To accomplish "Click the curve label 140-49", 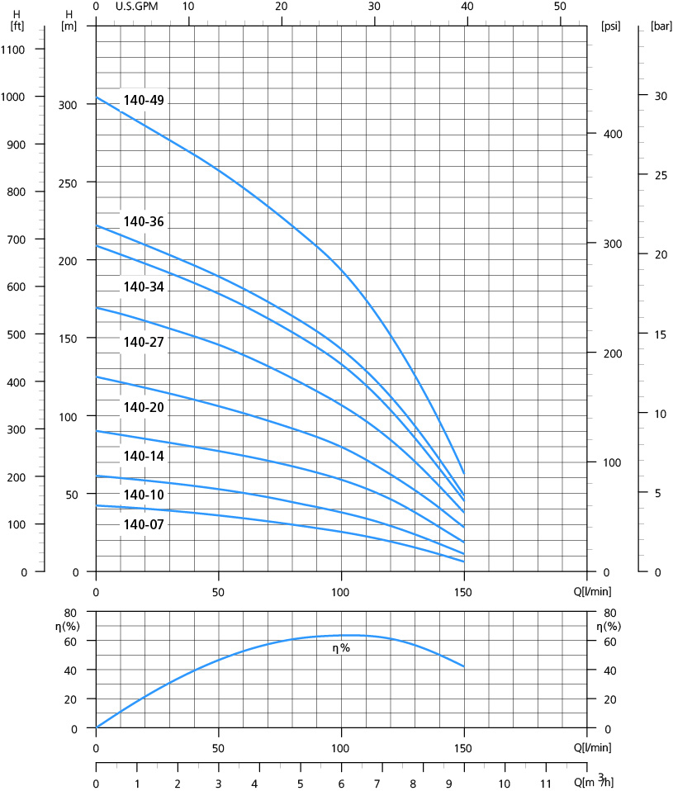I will click(144, 101).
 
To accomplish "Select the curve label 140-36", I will click(144, 221).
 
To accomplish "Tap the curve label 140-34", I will click(144, 287).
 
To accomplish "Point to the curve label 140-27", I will click(144, 342).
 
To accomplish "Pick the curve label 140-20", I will click(144, 407).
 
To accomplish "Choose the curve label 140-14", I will click(144, 456).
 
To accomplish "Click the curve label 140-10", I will click(144, 495).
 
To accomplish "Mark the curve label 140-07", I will click(144, 524).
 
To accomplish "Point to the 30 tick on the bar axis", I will click(660, 96).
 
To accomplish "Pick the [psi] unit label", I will click(611, 26).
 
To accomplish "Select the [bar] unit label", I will click(661, 26).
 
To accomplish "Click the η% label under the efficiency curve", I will click(341, 648).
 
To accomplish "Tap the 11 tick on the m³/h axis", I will click(545, 782).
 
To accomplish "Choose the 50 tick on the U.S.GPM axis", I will click(561, 7).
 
